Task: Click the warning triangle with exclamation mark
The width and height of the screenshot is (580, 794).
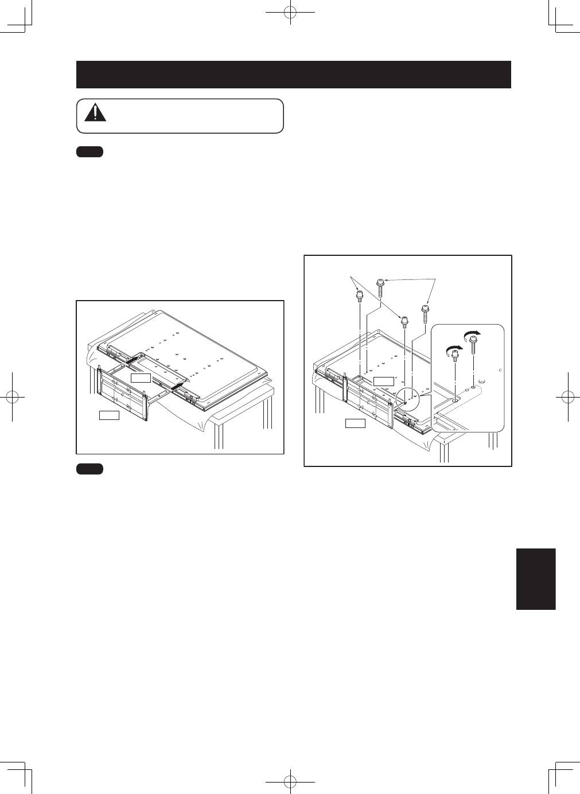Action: pos(95,113)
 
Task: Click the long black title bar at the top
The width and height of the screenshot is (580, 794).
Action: pos(293,75)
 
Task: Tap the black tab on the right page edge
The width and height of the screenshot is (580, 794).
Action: pos(536,579)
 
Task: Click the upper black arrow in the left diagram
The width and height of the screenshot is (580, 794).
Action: pos(132,358)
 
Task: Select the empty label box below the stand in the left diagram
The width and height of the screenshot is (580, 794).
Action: pos(109,415)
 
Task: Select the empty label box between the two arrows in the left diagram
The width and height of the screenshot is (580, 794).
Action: pos(141,377)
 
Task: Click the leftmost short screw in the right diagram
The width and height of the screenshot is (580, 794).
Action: pos(359,297)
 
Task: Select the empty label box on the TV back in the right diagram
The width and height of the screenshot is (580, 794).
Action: pos(383,381)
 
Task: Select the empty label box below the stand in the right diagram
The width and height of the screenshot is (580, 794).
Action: pos(355,423)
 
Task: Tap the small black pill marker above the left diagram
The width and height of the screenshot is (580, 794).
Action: pos(89,152)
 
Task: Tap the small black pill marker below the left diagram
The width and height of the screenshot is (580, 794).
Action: pos(89,469)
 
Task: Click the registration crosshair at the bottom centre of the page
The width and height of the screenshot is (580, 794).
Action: pos(291,781)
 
